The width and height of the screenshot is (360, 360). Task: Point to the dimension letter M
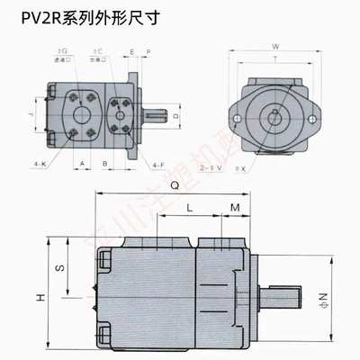tap(234, 207)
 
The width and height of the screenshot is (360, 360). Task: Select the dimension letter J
tap(31, 115)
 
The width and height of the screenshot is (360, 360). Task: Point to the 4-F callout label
tap(132, 164)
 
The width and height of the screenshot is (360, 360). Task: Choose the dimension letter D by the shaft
tap(175, 116)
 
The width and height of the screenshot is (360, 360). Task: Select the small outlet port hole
tap(121, 114)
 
